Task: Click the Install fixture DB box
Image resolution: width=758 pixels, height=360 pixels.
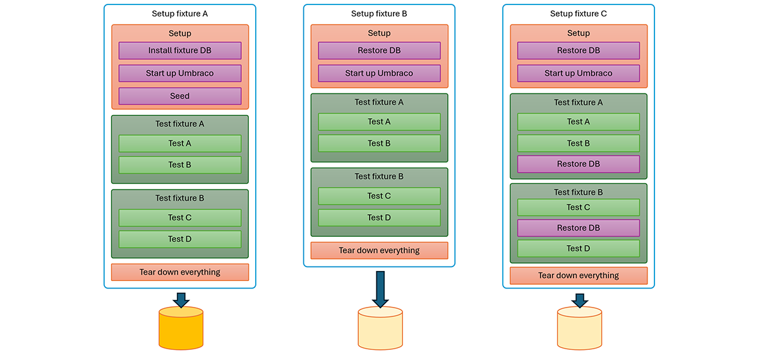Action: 180,51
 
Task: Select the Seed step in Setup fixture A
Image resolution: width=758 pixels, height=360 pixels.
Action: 180,96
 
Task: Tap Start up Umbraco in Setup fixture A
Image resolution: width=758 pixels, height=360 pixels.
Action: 180,73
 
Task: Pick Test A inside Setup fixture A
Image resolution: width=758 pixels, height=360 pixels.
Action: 180,143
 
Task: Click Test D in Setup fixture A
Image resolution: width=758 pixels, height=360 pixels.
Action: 180,239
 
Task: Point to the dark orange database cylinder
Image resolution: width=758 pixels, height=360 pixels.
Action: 181,328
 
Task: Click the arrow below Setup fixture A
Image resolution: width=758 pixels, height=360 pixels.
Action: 181,299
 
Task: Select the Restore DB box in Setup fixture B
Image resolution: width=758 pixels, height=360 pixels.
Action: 379,51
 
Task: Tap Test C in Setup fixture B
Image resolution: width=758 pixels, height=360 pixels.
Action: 379,196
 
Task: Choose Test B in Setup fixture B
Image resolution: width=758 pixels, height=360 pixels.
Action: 379,143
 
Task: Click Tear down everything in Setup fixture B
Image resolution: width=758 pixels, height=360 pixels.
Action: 379,251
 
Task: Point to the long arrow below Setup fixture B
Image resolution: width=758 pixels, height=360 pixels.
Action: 380,287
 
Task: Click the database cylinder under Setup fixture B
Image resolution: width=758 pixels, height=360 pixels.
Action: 380,328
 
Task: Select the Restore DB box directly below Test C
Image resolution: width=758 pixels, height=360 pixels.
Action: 579,228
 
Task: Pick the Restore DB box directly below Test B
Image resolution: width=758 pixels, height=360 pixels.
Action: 579,164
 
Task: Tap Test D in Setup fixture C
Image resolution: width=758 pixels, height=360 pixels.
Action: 579,248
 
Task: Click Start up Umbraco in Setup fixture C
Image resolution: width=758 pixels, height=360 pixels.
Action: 579,73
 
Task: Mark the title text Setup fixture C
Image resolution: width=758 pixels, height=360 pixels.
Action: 579,14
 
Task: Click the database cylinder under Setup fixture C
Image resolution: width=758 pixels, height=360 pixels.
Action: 579,328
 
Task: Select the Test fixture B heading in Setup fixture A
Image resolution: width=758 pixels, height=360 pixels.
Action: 180,198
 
